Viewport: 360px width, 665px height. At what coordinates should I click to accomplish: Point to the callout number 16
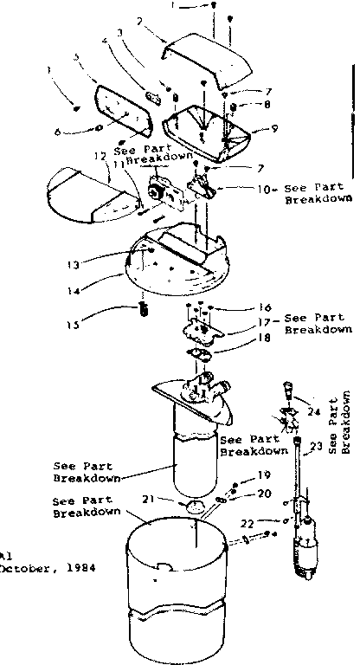click(241, 307)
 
